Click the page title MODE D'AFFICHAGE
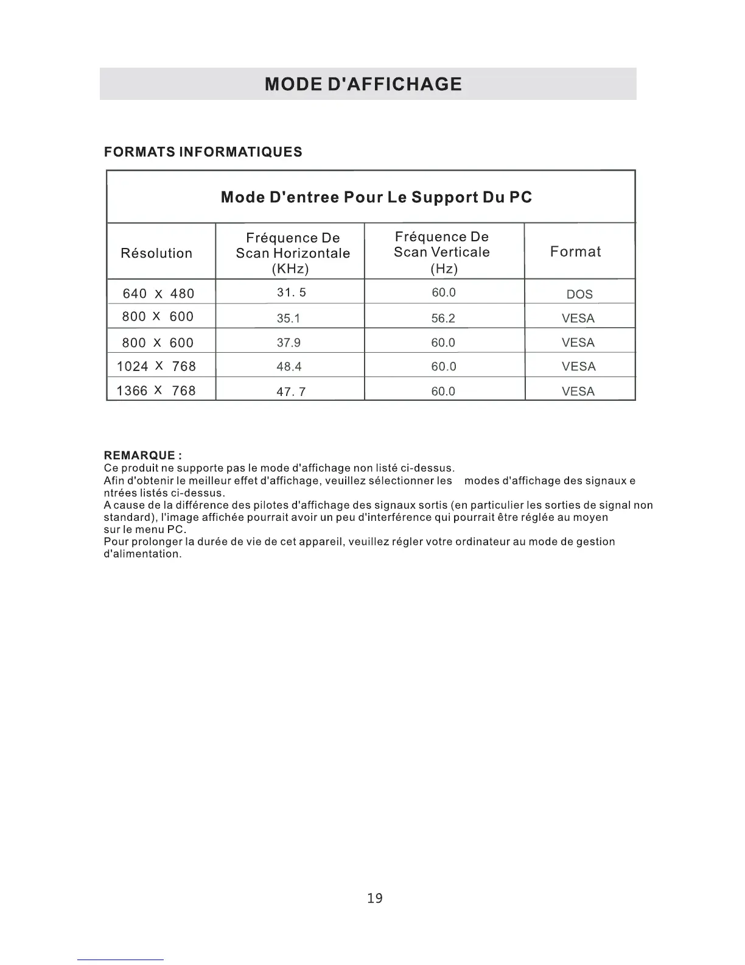coord(363,83)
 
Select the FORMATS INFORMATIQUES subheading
coord(203,152)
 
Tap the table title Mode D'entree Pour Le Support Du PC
coord(376,197)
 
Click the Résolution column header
coord(156,253)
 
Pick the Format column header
coord(575,252)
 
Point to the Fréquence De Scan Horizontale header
coord(293,253)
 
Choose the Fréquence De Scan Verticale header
coord(442,252)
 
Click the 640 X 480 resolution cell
coord(158,294)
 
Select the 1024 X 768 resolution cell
coord(156,366)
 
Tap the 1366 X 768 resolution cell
coord(156,391)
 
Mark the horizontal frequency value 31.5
coord(292,292)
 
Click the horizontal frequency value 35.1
coord(289,318)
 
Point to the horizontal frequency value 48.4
coord(289,367)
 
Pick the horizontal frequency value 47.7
coord(291,392)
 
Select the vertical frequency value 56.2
coord(443,318)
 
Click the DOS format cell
coord(579,294)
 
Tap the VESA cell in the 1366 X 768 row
coord(578,392)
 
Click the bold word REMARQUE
coord(140,456)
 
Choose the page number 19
coord(375,898)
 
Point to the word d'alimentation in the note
coord(142,554)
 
